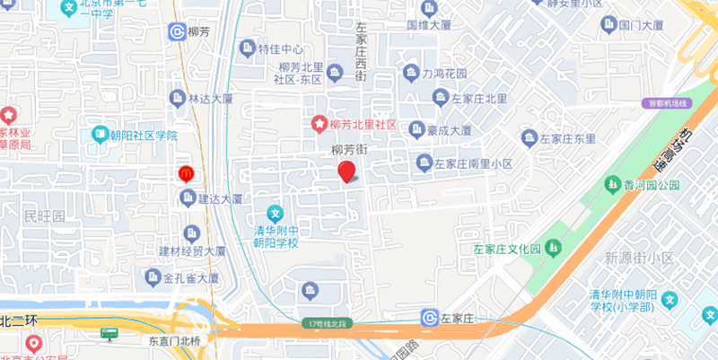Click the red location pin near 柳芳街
[346, 171]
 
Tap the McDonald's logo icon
[186, 172]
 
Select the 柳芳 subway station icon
[178, 32]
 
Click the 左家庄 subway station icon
[429, 318]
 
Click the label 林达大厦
[211, 98]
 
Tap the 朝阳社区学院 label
[144, 136]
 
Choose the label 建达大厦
[220, 199]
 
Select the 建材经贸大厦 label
[192, 250]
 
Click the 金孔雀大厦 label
[191, 277]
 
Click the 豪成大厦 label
[449, 130]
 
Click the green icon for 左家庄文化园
[554, 247]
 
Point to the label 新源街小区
[639, 258]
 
